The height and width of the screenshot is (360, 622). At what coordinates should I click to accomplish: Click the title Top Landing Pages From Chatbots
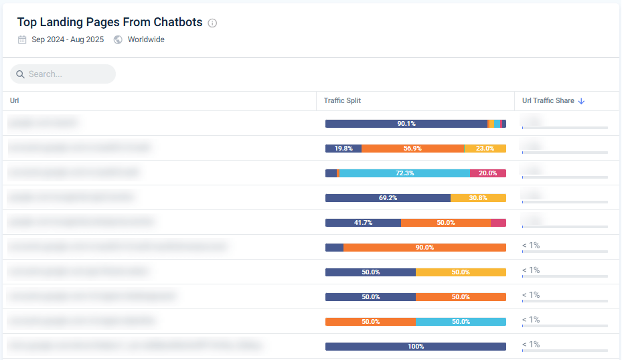pyautogui.click(x=110, y=22)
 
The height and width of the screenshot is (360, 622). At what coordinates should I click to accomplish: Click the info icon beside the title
pyautogui.click(x=212, y=23)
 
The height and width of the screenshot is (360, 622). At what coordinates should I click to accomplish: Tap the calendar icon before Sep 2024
pyautogui.click(x=22, y=39)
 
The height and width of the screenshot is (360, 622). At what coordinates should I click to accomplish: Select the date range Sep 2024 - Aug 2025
pyautogui.click(x=68, y=39)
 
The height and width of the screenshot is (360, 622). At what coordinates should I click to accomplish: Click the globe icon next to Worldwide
pyautogui.click(x=118, y=39)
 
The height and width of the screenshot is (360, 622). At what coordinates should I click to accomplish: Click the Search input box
pyautogui.click(x=63, y=74)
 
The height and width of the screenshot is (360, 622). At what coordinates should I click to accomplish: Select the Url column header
pyautogui.click(x=15, y=101)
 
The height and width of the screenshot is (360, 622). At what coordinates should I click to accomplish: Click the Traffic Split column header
pyautogui.click(x=342, y=101)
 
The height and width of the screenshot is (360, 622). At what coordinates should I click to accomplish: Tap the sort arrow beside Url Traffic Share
pyautogui.click(x=581, y=101)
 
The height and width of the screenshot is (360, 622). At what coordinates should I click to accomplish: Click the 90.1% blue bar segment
pyautogui.click(x=406, y=124)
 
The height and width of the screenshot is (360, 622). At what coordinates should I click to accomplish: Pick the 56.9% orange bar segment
pyautogui.click(x=412, y=149)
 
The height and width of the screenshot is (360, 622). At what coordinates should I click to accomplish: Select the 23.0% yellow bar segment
pyautogui.click(x=485, y=149)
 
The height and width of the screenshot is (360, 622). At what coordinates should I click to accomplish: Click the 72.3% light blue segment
pyautogui.click(x=404, y=173)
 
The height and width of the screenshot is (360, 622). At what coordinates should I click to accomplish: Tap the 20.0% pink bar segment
pyautogui.click(x=487, y=173)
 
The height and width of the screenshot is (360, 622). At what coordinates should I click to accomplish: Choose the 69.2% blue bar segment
pyautogui.click(x=388, y=198)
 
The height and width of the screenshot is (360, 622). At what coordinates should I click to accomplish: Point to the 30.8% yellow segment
pyautogui.click(x=478, y=198)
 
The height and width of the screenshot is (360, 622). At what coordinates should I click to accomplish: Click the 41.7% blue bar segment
pyautogui.click(x=363, y=223)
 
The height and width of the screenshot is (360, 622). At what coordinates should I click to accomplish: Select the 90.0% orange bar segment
pyautogui.click(x=424, y=248)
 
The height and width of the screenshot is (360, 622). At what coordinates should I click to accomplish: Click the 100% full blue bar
pyautogui.click(x=415, y=347)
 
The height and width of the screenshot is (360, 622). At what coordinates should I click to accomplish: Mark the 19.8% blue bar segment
pyautogui.click(x=343, y=149)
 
